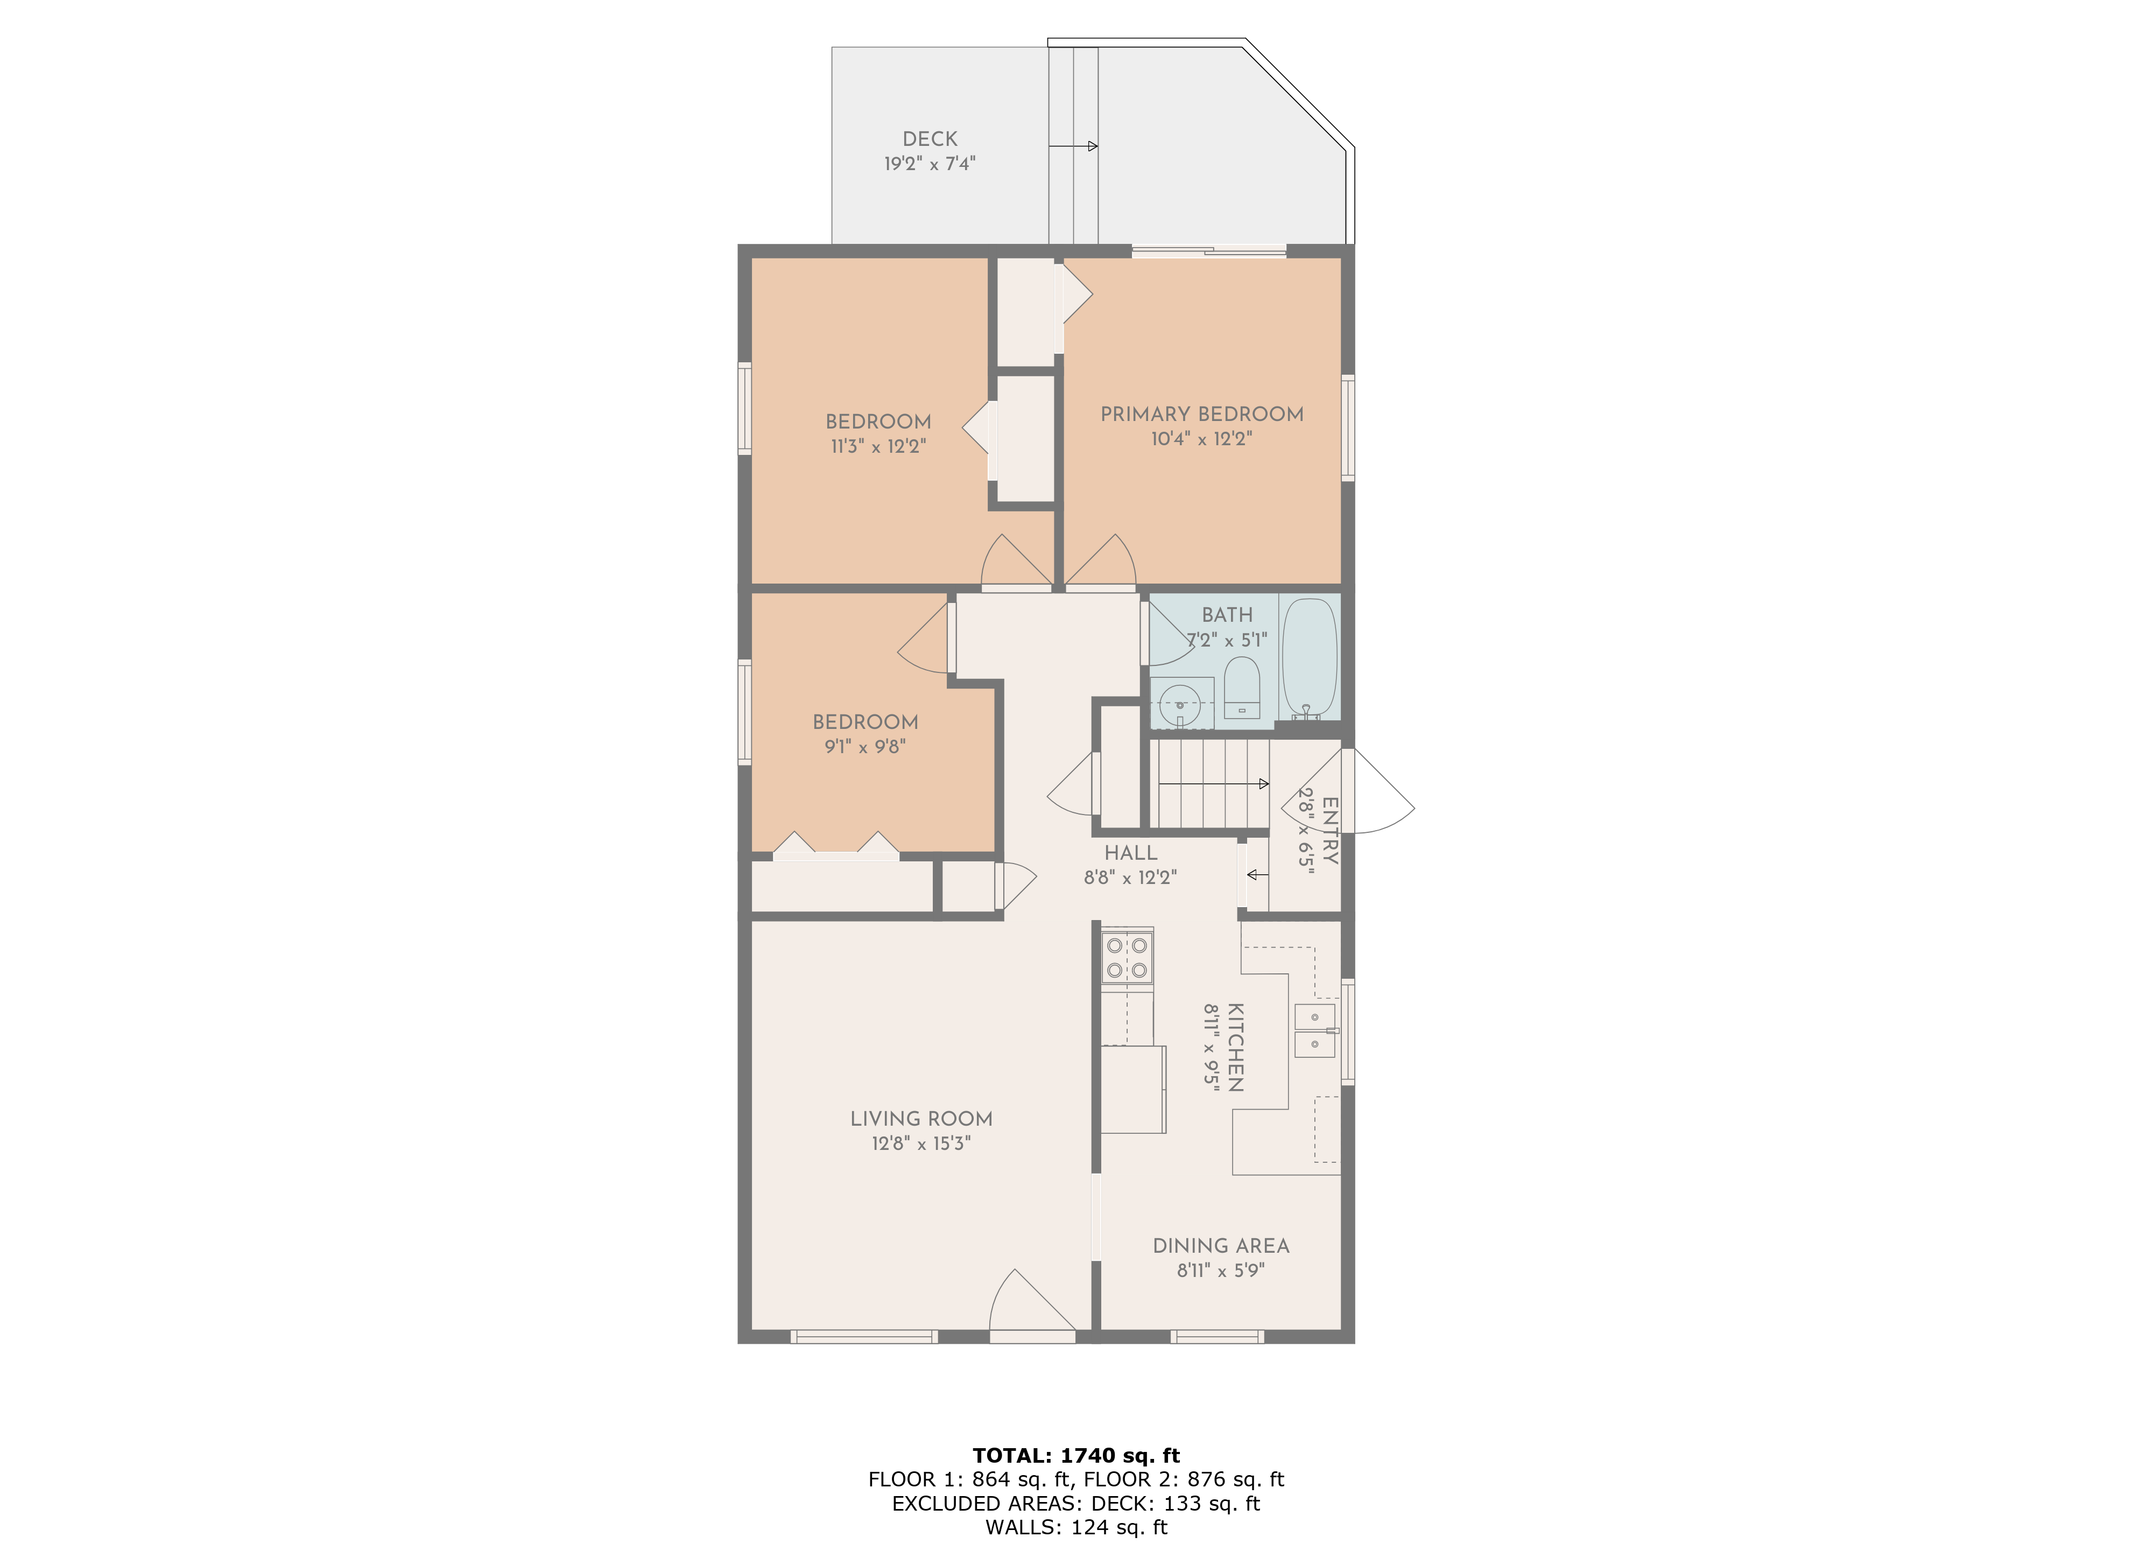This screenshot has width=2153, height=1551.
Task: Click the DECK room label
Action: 930,138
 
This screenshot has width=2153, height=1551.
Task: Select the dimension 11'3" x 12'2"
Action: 878,446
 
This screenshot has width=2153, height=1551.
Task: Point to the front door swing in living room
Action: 1030,1305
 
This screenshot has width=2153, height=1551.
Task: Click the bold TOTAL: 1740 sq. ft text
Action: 1075,1455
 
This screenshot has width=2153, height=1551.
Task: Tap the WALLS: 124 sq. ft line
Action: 1075,1527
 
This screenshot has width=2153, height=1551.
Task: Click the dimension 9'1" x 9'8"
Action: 865,746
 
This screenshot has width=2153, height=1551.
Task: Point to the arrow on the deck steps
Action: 1074,146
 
